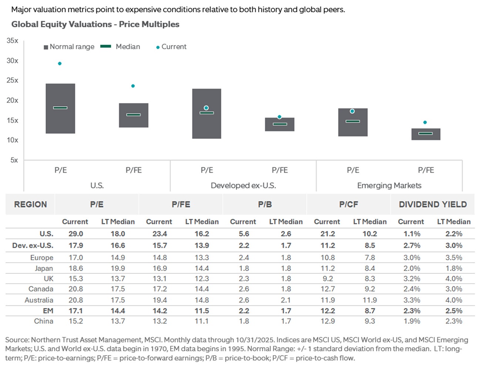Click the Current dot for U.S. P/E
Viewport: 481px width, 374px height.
[60, 64]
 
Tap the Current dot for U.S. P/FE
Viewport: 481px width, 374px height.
[133, 86]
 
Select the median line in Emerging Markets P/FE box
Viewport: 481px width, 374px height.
[425, 133]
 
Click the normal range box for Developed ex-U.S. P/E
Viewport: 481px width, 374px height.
[206, 126]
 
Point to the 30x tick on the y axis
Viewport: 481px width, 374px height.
[12, 61]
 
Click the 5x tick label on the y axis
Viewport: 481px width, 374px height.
[14, 160]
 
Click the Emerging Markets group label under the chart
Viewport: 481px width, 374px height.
[389, 186]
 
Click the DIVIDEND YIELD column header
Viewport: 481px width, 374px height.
[433, 204]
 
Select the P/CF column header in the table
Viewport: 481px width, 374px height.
[348, 204]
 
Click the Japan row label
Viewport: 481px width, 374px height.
[44, 268]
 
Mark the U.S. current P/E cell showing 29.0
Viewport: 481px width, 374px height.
[75, 234]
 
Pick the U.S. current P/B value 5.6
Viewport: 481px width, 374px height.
[244, 234]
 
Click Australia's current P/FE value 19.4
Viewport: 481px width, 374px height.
[159, 300]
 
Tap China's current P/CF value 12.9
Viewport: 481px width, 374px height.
[327, 321]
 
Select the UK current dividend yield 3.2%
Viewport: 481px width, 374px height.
[411, 279]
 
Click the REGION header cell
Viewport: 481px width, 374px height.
[30, 204]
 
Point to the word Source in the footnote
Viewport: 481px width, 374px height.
[17, 340]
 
